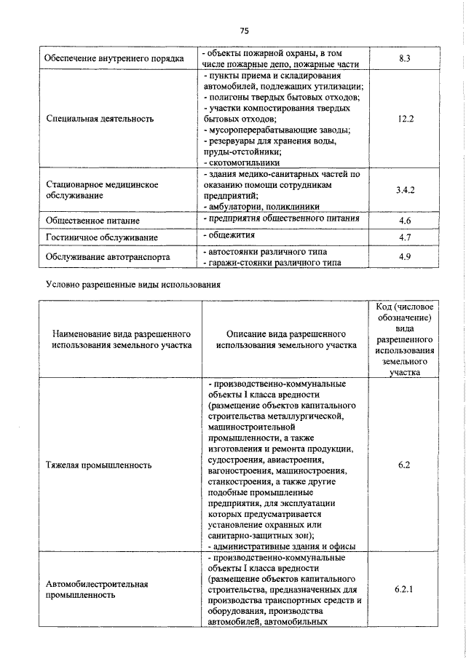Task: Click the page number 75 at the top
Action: point(244,31)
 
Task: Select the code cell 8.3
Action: point(406,58)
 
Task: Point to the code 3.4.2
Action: point(406,190)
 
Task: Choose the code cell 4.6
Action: point(406,219)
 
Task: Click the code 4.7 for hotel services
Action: point(406,237)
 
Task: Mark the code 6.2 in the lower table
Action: point(406,464)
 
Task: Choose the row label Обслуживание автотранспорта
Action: point(108,257)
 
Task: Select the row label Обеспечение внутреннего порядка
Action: point(114,58)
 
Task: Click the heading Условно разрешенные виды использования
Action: point(132,283)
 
